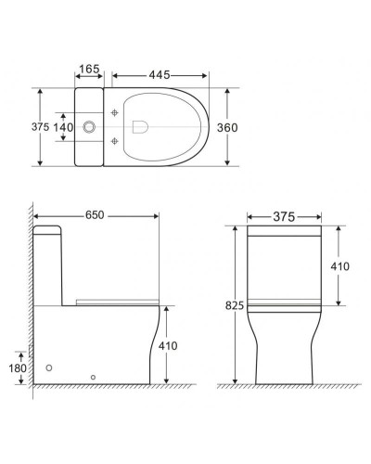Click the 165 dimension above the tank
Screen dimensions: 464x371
(x=89, y=69)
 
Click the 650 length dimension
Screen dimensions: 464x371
(x=96, y=215)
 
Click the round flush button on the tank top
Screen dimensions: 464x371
(x=91, y=127)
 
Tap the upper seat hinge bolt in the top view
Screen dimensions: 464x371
(x=115, y=112)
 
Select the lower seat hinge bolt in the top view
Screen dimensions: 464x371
(x=115, y=141)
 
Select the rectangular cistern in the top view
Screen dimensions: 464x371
(x=89, y=127)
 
